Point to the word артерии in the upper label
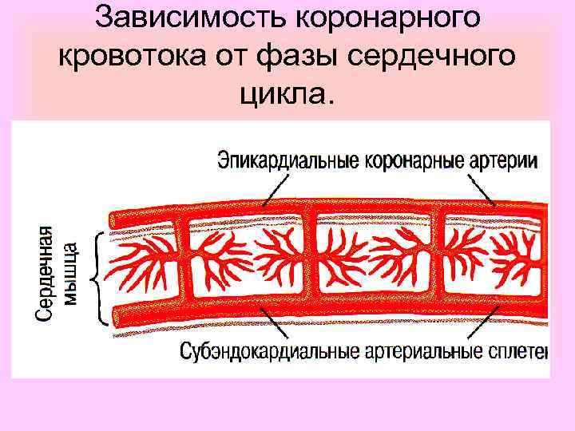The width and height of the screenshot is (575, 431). (x=502, y=160)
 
